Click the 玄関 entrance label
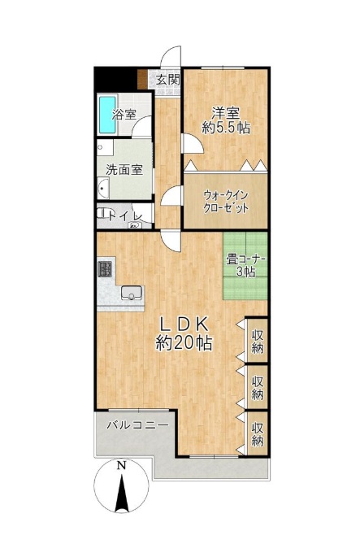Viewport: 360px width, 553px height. pyautogui.click(x=167, y=80)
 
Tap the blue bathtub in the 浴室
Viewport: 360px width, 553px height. pyautogui.click(x=107, y=115)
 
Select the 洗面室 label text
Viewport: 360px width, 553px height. pyautogui.click(x=124, y=170)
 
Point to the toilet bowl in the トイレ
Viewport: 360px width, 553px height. pyautogui.click(x=102, y=213)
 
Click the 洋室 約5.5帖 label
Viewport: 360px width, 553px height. pyautogui.click(x=226, y=120)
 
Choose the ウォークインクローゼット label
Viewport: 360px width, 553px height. pyautogui.click(x=226, y=201)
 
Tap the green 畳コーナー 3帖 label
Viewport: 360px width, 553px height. pyautogui.click(x=245, y=266)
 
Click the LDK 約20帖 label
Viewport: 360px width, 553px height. pyautogui.click(x=184, y=333)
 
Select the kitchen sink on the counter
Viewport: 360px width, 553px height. pyautogui.click(x=132, y=293)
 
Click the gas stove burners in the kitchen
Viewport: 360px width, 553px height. pyautogui.click(x=105, y=269)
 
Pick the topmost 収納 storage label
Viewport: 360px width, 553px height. pyautogui.click(x=257, y=341)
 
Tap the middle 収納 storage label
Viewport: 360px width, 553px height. pyautogui.click(x=257, y=388)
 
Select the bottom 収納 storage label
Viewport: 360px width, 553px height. pyautogui.click(x=257, y=434)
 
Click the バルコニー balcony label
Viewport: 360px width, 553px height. pyautogui.click(x=137, y=424)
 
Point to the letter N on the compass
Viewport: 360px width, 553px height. pyautogui.click(x=121, y=465)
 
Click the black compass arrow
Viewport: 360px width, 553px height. pyautogui.click(x=122, y=494)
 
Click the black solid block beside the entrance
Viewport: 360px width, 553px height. pyautogui.click(x=115, y=79)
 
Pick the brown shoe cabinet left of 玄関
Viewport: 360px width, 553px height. pyautogui.click(x=142, y=79)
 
